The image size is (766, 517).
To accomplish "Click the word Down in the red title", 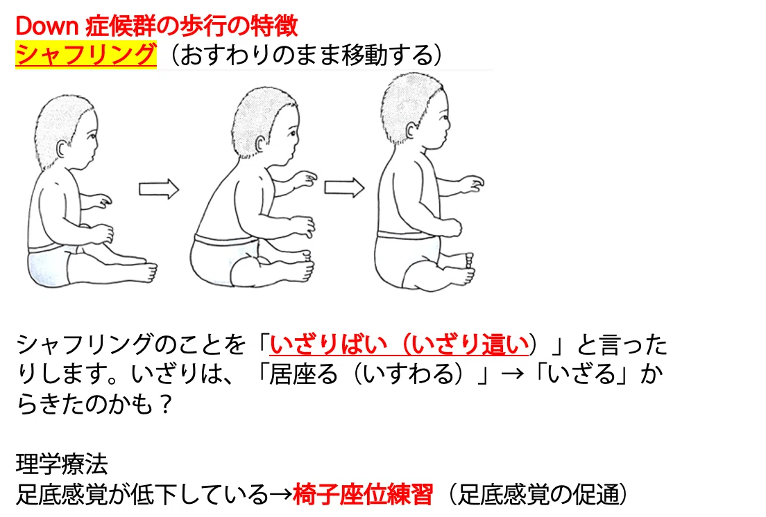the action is coord(47,26).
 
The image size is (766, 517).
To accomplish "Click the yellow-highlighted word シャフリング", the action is coord(86,54).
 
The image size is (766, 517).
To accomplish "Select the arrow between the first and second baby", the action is coord(159,189).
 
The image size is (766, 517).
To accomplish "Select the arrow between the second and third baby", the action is coord(344,187).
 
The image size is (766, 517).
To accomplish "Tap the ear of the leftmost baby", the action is coord(62,148).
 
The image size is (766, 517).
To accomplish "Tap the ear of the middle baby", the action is coord(261,144).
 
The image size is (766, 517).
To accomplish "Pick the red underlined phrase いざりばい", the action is coord(327,345).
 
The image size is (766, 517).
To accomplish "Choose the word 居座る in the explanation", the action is coord(303,374).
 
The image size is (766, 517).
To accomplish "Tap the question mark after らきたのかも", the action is coord(166,404).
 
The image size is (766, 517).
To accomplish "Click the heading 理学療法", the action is coord(62,464).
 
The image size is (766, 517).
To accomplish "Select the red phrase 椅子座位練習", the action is coord(362,494).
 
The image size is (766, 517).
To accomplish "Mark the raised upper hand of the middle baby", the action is coord(306,179).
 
